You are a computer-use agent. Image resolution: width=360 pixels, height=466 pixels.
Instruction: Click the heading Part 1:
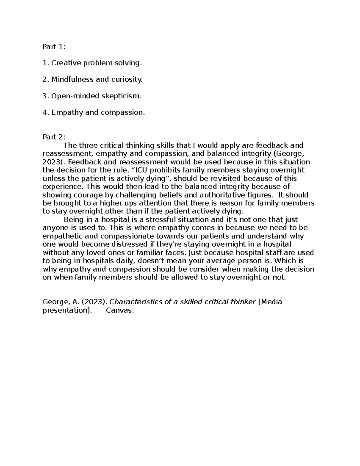coord(54,47)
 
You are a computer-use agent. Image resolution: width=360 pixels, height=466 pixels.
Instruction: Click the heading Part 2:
coord(54,137)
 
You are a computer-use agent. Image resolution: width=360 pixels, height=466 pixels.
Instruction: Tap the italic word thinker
coord(243,302)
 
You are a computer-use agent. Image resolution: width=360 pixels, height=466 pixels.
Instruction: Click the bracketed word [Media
coord(270,302)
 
